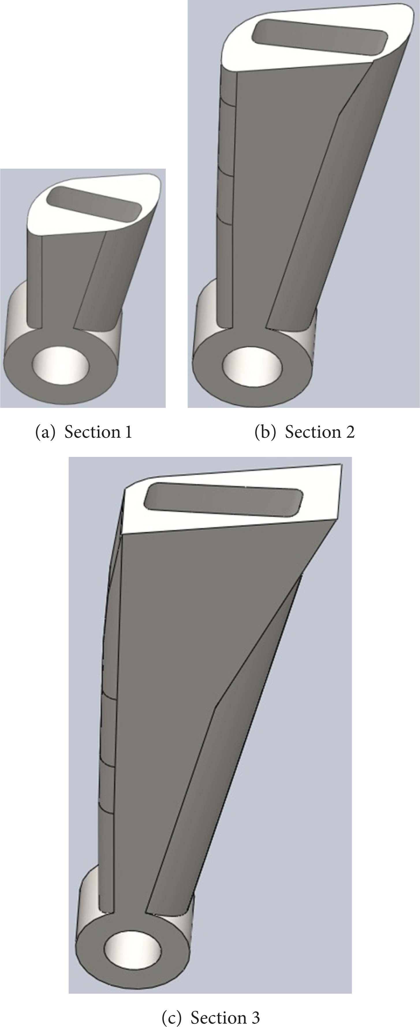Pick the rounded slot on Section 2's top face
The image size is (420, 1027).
click(x=320, y=37)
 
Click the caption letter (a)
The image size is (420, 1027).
click(x=45, y=432)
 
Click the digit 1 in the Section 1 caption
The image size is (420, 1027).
click(x=128, y=432)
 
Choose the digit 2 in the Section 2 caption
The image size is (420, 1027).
click(x=350, y=432)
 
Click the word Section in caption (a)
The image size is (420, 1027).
click(x=92, y=432)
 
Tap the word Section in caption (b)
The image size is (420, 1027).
click(x=313, y=432)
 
